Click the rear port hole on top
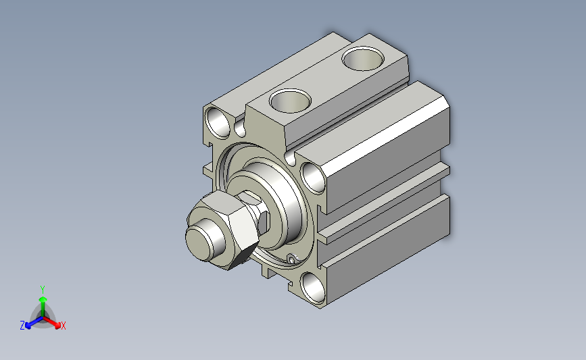pos(363,58)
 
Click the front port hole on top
pos(290,101)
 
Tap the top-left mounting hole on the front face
pos(218,122)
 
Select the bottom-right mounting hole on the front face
pos(313,288)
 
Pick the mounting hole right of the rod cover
pos(313,178)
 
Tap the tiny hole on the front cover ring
pos(291,258)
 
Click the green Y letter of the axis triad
pos(43,290)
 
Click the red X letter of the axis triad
pos(63,326)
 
